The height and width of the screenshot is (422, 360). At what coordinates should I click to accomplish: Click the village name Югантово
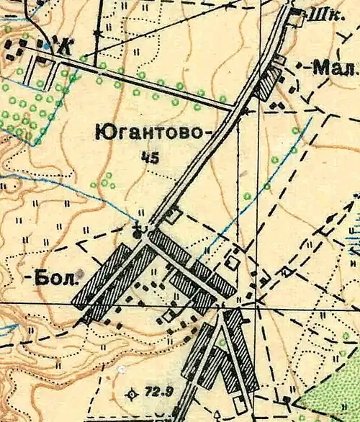click(150, 132)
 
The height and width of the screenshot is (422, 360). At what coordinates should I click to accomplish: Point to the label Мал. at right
click(337, 69)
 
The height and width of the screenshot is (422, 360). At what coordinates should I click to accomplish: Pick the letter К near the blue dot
click(67, 48)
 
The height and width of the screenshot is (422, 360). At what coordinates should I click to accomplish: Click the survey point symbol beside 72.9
click(131, 394)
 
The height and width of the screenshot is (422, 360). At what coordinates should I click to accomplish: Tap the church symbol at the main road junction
click(140, 230)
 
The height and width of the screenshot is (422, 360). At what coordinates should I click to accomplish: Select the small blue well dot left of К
click(48, 45)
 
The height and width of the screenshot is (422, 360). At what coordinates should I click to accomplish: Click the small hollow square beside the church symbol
click(174, 214)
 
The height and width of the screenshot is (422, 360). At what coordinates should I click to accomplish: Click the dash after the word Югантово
click(210, 132)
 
